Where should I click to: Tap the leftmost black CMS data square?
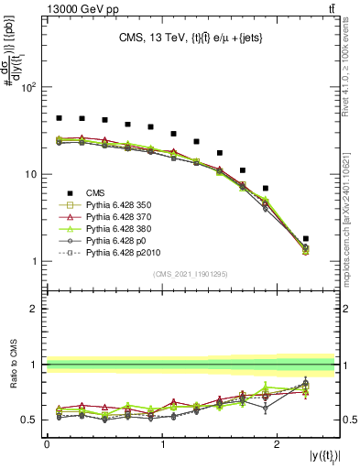coord(60,118)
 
